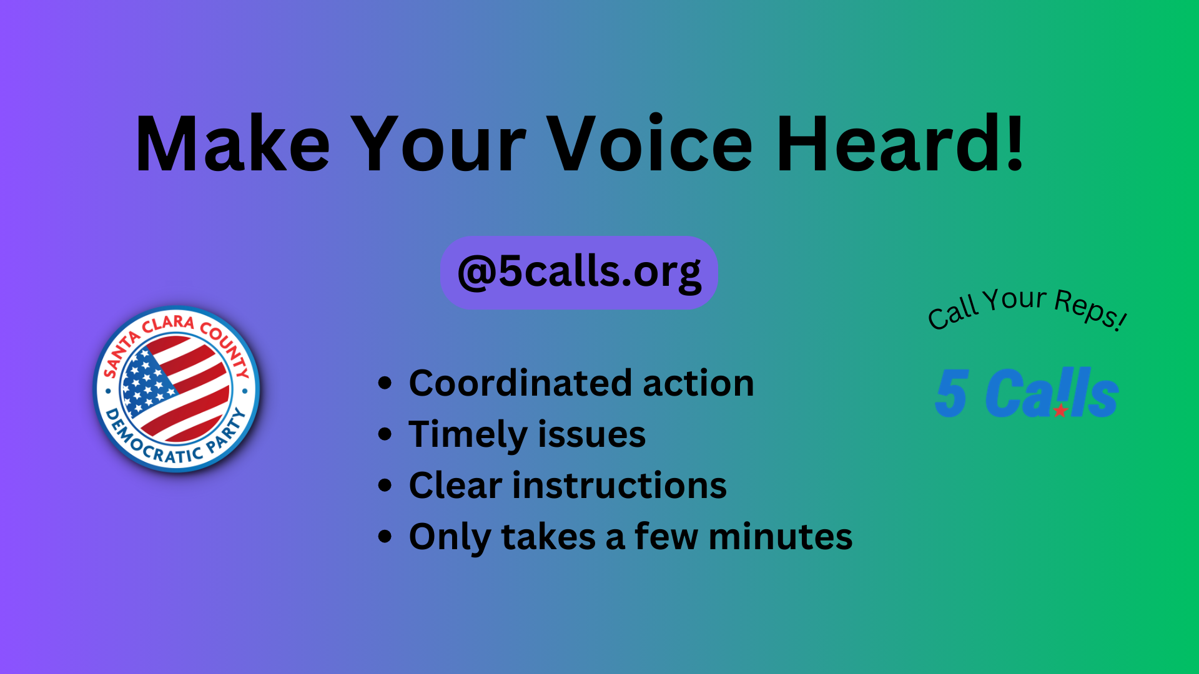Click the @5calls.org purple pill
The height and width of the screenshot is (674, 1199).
click(579, 272)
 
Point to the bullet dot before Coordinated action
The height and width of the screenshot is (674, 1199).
click(385, 383)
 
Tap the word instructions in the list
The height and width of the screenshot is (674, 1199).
click(619, 485)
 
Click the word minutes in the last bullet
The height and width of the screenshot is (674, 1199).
click(780, 537)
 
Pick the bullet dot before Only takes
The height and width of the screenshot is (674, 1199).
click(385, 536)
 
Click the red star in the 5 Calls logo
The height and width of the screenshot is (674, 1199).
click(1060, 411)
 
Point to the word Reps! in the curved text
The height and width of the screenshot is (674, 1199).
click(1090, 309)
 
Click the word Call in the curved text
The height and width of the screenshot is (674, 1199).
click(953, 313)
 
